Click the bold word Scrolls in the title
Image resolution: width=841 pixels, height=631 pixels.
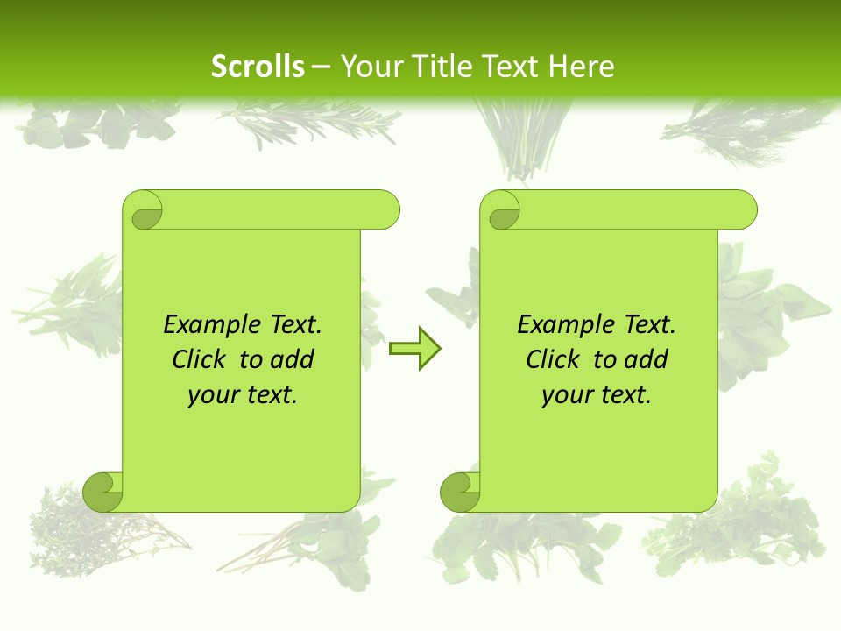(258, 67)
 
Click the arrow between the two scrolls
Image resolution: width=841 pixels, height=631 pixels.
(414, 349)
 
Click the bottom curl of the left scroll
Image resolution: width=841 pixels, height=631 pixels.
(103, 491)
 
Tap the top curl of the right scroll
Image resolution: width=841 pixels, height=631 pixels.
(502, 210)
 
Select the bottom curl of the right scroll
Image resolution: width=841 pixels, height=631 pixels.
(460, 491)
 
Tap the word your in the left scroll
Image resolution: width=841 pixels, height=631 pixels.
(213, 395)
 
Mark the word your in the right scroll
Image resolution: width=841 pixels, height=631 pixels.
(567, 395)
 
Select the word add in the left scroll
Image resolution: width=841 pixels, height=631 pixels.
(292, 359)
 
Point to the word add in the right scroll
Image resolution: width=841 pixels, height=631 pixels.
(646, 359)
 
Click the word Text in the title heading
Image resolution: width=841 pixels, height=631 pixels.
(508, 67)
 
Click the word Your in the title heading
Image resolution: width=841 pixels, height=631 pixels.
(368, 67)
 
